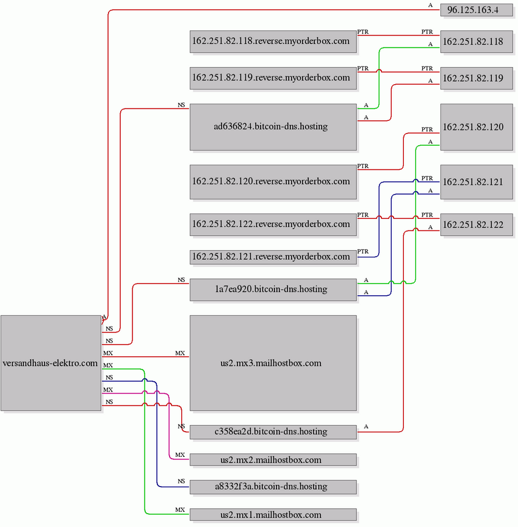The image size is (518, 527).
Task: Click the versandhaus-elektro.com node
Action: point(51,363)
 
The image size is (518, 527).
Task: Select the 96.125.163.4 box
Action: point(477,10)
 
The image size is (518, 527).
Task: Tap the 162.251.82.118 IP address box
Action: point(477,41)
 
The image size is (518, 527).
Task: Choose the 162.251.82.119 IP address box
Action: point(477,78)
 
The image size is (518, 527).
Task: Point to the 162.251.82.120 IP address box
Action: point(477,127)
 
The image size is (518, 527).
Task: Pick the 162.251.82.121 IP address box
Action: point(477,182)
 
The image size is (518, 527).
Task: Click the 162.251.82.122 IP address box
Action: point(477,224)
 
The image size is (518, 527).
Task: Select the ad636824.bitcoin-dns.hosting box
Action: point(273,127)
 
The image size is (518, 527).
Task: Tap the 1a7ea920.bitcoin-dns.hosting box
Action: point(273,289)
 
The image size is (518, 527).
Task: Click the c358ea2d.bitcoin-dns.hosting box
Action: point(273,432)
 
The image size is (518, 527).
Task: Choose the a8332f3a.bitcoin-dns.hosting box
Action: point(273,487)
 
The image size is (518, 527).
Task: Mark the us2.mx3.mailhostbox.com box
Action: point(273,363)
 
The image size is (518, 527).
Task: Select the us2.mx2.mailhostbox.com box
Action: point(273,460)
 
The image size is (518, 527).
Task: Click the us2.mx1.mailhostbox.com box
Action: point(273,515)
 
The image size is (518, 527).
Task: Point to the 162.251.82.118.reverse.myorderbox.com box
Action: point(273,41)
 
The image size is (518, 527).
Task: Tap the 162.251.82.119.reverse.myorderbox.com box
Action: point(273,78)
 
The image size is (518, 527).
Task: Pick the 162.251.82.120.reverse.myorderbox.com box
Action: point(273,182)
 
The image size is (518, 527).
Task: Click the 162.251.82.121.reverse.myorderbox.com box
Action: point(273,257)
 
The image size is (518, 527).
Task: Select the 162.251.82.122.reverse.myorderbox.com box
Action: point(273,224)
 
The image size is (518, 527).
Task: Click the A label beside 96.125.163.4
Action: point(430,5)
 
